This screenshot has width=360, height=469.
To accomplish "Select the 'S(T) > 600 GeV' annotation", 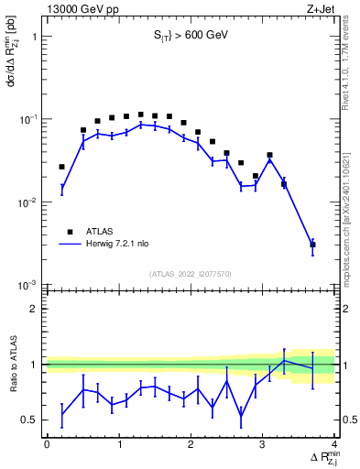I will tap(190, 36).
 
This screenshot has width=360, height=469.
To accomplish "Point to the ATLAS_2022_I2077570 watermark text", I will tap(189, 272).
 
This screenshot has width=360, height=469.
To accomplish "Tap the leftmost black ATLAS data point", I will tap(61, 167).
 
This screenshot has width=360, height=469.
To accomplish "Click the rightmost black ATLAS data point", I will tap(312, 245).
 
